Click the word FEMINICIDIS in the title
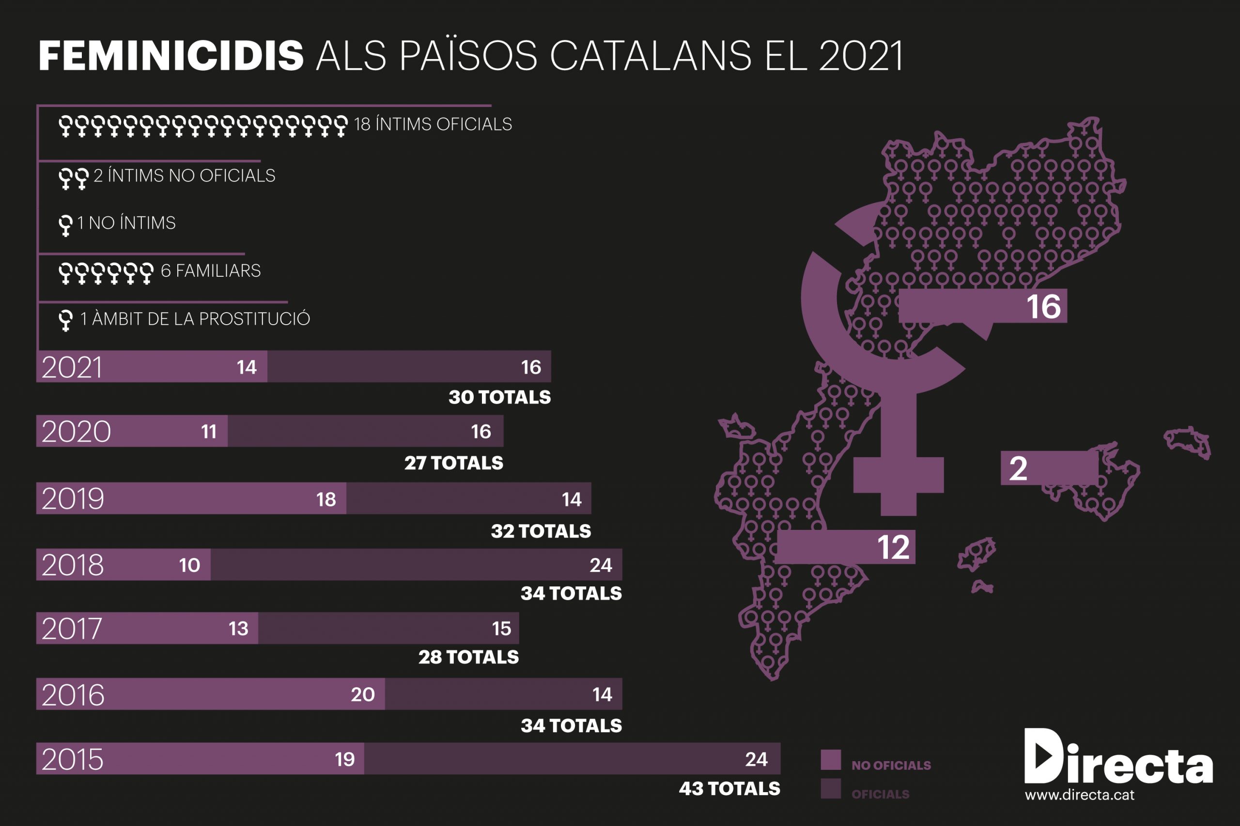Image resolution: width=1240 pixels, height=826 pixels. pyautogui.click(x=171, y=55)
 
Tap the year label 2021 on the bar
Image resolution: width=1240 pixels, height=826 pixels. pyautogui.click(x=72, y=367)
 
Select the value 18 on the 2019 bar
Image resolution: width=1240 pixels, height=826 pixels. pyautogui.click(x=326, y=499)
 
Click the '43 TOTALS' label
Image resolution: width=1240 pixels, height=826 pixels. pyautogui.click(x=729, y=789)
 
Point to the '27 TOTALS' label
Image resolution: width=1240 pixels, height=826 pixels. pyautogui.click(x=453, y=463)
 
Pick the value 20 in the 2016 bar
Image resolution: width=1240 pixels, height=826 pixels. pyautogui.click(x=363, y=694)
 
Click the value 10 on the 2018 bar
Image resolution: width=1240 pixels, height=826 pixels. pyautogui.click(x=189, y=565)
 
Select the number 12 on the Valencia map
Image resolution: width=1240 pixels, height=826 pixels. pyautogui.click(x=893, y=547)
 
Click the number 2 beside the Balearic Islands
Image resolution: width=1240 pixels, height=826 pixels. pyautogui.click(x=1018, y=468)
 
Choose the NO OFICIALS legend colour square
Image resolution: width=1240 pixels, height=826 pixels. pyautogui.click(x=830, y=760)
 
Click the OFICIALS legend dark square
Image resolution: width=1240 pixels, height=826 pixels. pyautogui.click(x=830, y=789)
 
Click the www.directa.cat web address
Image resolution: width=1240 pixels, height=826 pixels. pyautogui.click(x=1079, y=795)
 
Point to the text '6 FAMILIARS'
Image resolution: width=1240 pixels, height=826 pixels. pyautogui.click(x=210, y=271)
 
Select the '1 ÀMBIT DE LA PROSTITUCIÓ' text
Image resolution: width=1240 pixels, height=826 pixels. pyautogui.click(x=195, y=319)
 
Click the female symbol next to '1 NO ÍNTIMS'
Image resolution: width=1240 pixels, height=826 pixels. pyautogui.click(x=65, y=225)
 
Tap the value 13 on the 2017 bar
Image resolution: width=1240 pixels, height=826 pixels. pyautogui.click(x=238, y=629)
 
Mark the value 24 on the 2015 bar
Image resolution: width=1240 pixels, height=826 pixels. pyautogui.click(x=756, y=759)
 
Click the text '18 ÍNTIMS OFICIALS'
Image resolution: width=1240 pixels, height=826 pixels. pyautogui.click(x=433, y=124)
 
